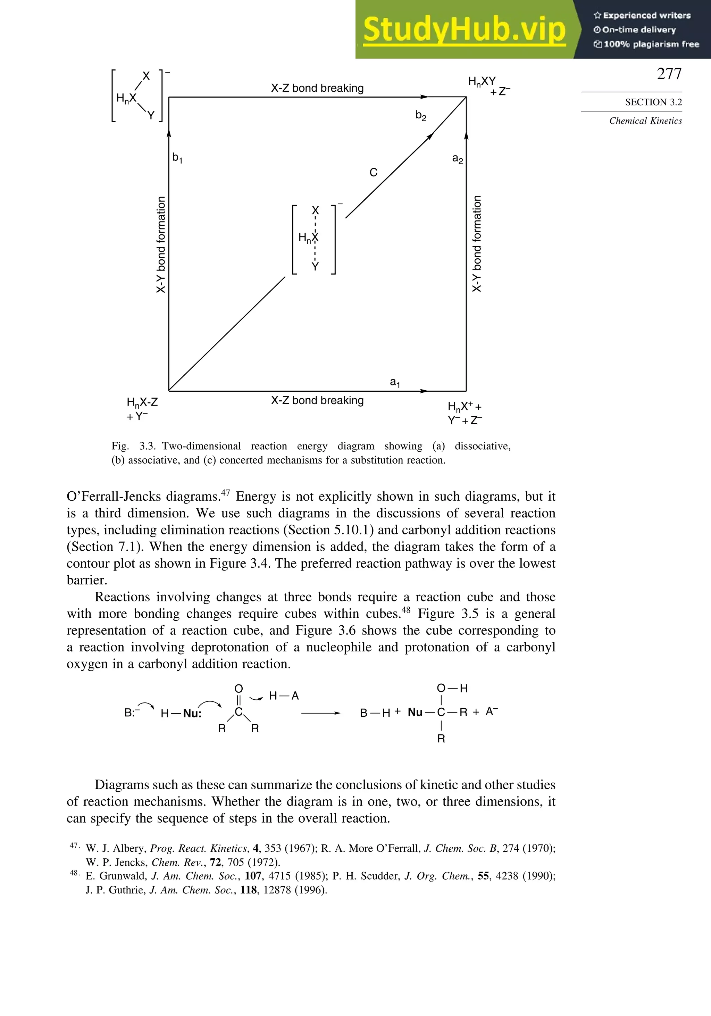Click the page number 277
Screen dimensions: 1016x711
(x=669, y=74)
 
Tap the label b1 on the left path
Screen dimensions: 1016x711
(x=177, y=158)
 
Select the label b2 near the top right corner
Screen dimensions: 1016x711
(x=421, y=116)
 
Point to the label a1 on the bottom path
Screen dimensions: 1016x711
(x=395, y=382)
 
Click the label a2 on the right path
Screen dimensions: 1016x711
(x=458, y=159)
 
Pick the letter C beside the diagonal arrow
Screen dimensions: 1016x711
(x=374, y=173)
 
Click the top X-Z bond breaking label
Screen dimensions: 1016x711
(x=317, y=88)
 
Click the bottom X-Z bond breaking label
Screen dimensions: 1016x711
(x=317, y=400)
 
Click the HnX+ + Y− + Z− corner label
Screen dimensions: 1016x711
(x=465, y=413)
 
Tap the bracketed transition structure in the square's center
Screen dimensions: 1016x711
(x=314, y=239)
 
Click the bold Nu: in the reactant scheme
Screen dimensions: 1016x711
(x=192, y=713)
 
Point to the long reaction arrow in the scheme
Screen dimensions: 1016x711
(x=320, y=713)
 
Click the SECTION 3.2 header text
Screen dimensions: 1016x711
(x=653, y=102)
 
